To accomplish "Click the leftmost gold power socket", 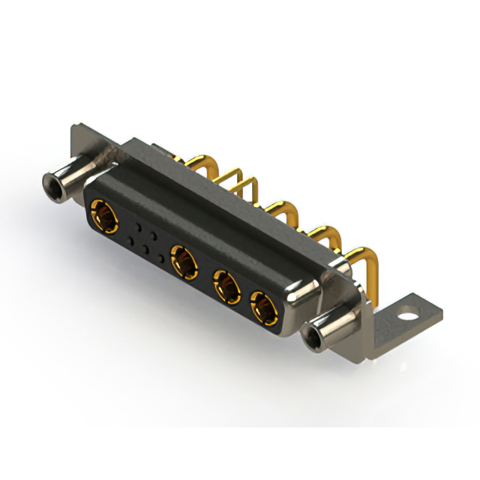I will coord(103,217).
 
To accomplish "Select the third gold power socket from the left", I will coord(226,285).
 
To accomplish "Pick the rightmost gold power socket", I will coord(263,306).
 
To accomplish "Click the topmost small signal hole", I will coord(139,223).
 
